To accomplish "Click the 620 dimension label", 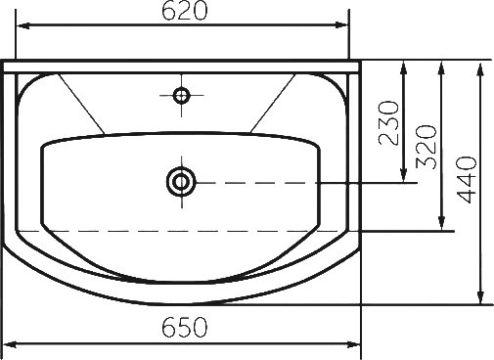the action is coord(185,11).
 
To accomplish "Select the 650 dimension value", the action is coord(185,327).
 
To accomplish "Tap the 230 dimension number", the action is coord(388,122).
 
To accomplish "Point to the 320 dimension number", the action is coord(427,147).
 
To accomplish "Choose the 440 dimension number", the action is coord(468,180).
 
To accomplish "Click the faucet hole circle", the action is coord(182,96).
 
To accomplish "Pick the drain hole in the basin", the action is coord(181,182).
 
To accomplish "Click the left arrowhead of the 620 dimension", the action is coord(23,25).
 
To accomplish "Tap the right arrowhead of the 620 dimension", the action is coord(341,25).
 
